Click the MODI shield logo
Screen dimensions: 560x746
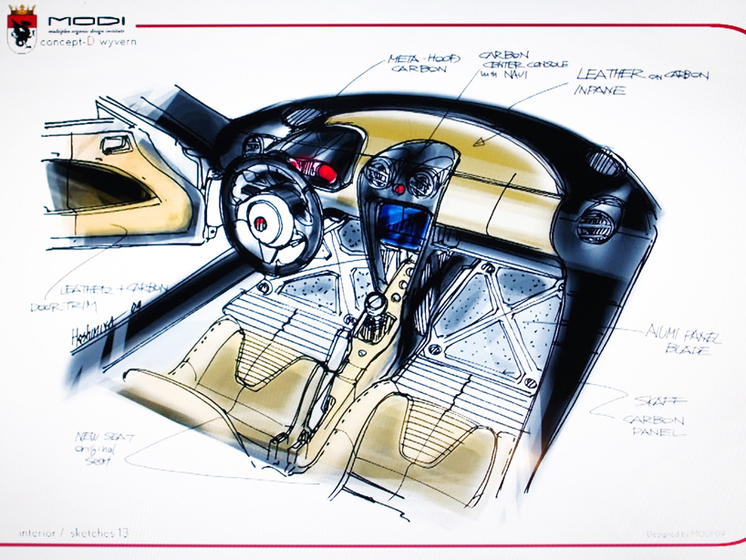[x=20, y=26]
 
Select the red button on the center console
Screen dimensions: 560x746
[x=399, y=189]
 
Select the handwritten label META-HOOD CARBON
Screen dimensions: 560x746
[x=419, y=64]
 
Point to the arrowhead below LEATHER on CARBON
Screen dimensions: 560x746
[x=477, y=142]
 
